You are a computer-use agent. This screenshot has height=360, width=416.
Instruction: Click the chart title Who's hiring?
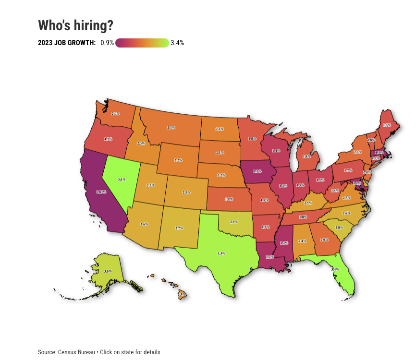[75, 25]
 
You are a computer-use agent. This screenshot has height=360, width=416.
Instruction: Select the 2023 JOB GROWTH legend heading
[67, 43]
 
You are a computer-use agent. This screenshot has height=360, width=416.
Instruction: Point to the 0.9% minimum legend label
[107, 43]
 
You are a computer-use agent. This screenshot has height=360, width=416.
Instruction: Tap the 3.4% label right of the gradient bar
[177, 43]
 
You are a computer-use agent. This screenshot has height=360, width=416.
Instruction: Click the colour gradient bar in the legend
[142, 43]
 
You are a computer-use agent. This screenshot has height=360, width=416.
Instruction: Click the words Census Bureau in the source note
[75, 352]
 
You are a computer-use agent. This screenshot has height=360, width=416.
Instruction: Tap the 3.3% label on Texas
[221, 253]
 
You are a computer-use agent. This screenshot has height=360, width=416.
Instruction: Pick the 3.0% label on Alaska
[108, 271]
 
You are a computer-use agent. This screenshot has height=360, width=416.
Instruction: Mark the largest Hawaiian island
[183, 294]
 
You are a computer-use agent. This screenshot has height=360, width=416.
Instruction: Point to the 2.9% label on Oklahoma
[233, 222]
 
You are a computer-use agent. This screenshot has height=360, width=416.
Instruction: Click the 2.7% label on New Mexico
[179, 228]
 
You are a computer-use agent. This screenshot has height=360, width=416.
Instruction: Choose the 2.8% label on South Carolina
[339, 227]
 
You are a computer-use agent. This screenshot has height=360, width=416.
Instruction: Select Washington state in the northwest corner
[116, 113]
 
